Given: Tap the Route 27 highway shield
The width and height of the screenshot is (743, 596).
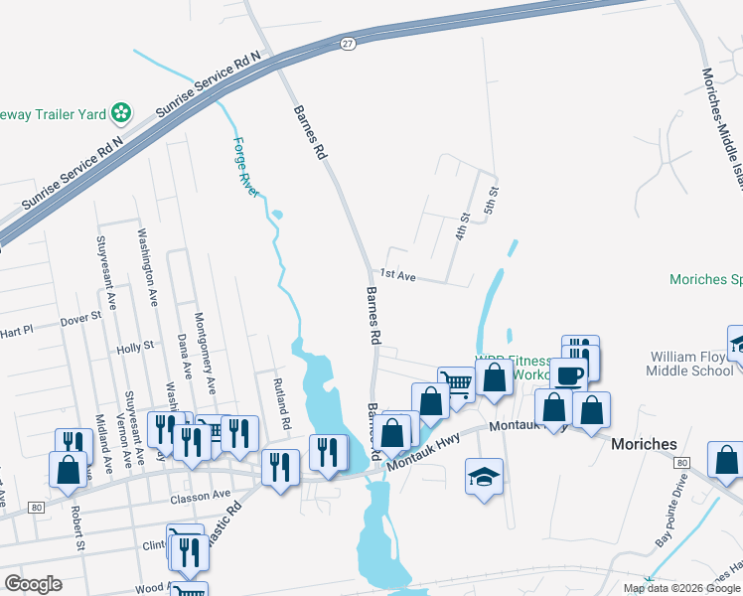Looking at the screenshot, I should (x=347, y=45).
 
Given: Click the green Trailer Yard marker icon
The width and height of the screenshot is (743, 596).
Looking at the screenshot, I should (x=121, y=112).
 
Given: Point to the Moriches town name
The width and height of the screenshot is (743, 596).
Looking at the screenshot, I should (x=644, y=444).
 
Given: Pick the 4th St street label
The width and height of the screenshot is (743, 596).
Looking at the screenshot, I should (x=462, y=225).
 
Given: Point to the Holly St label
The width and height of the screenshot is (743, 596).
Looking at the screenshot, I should (x=134, y=347).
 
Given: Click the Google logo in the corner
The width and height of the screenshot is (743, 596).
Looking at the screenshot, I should (x=33, y=584).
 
